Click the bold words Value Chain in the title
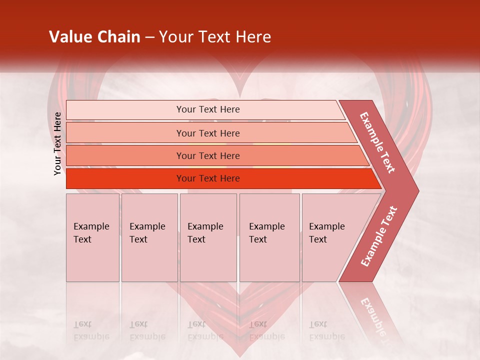[x=94, y=37]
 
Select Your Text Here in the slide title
[x=215, y=37]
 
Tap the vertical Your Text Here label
[x=57, y=143]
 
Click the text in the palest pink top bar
[x=208, y=109]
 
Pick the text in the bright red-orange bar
[x=208, y=178]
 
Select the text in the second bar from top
[x=208, y=133]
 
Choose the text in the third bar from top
[x=208, y=156]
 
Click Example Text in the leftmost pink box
[x=91, y=233]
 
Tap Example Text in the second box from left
[x=147, y=233]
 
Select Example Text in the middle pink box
[x=205, y=233]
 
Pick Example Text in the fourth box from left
[x=266, y=233]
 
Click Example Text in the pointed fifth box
[x=326, y=233]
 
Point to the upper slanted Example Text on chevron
[x=377, y=142]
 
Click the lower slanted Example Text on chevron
[x=379, y=236]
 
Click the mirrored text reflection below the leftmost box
[x=91, y=330]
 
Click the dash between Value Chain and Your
[x=149, y=37]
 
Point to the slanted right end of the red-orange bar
[x=376, y=179]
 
